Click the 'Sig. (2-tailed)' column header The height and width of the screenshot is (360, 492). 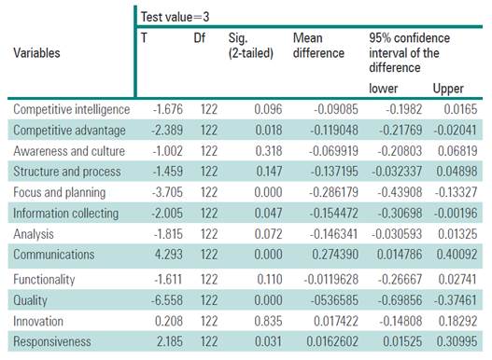click(250, 45)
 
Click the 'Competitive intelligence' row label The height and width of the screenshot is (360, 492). click(73, 110)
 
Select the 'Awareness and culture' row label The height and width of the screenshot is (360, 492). click(68, 151)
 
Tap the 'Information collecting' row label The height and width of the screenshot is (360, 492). click(65, 214)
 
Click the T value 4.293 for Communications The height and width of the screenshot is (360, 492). click(166, 256)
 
